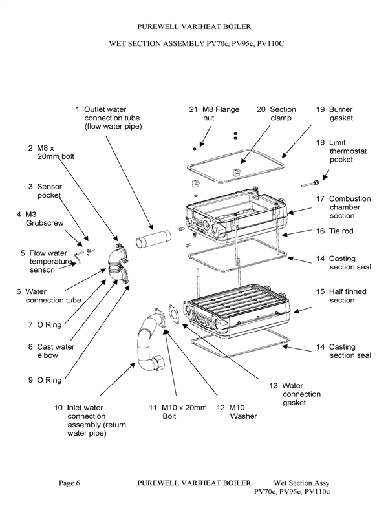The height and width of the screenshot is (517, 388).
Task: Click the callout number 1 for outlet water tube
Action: coord(78,109)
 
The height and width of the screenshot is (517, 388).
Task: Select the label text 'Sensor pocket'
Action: coord(49,191)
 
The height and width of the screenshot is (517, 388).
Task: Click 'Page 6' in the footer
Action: coord(69,483)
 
